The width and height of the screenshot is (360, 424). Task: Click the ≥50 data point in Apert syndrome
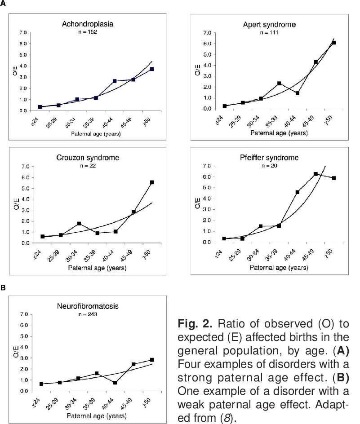[x=333, y=43]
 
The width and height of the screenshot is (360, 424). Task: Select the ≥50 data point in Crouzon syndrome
[x=152, y=182]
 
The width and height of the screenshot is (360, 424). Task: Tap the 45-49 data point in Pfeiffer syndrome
[x=316, y=174]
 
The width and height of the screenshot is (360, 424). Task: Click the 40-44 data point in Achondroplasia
[x=115, y=81]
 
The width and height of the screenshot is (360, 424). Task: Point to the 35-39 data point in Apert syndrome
[x=279, y=83]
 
